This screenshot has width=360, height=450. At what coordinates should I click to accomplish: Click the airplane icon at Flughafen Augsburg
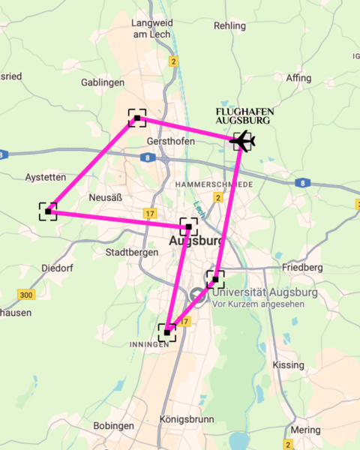tap(242, 140)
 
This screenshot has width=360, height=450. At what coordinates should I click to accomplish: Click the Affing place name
tap(298, 78)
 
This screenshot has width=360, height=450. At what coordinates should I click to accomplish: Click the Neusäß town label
tap(104, 196)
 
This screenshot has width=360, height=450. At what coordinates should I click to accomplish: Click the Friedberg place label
tap(302, 268)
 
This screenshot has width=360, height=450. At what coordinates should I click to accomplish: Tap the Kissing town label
tap(289, 364)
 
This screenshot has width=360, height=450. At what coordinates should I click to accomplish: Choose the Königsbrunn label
tap(187, 420)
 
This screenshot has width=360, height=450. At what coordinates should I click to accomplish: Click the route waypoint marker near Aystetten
tap(48, 211)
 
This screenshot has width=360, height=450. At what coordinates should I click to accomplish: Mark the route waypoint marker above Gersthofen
tap(137, 118)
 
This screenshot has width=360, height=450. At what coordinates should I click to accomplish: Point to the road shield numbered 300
tap(26, 295)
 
